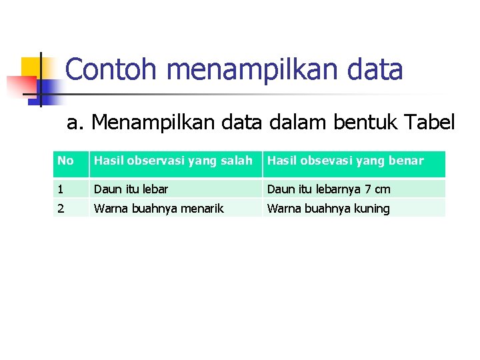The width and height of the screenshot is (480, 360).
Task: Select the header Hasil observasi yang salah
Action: click(173, 161)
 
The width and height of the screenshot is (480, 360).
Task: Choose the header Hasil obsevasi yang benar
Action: click(345, 161)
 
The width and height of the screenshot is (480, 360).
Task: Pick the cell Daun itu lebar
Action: click(131, 189)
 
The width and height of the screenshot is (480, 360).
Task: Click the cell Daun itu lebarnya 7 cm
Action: click(329, 189)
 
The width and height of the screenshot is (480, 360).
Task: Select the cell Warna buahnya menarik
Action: click(159, 209)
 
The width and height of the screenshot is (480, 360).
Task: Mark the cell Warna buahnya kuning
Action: click(328, 209)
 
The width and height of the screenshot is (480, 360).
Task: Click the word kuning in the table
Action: click(372, 209)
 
